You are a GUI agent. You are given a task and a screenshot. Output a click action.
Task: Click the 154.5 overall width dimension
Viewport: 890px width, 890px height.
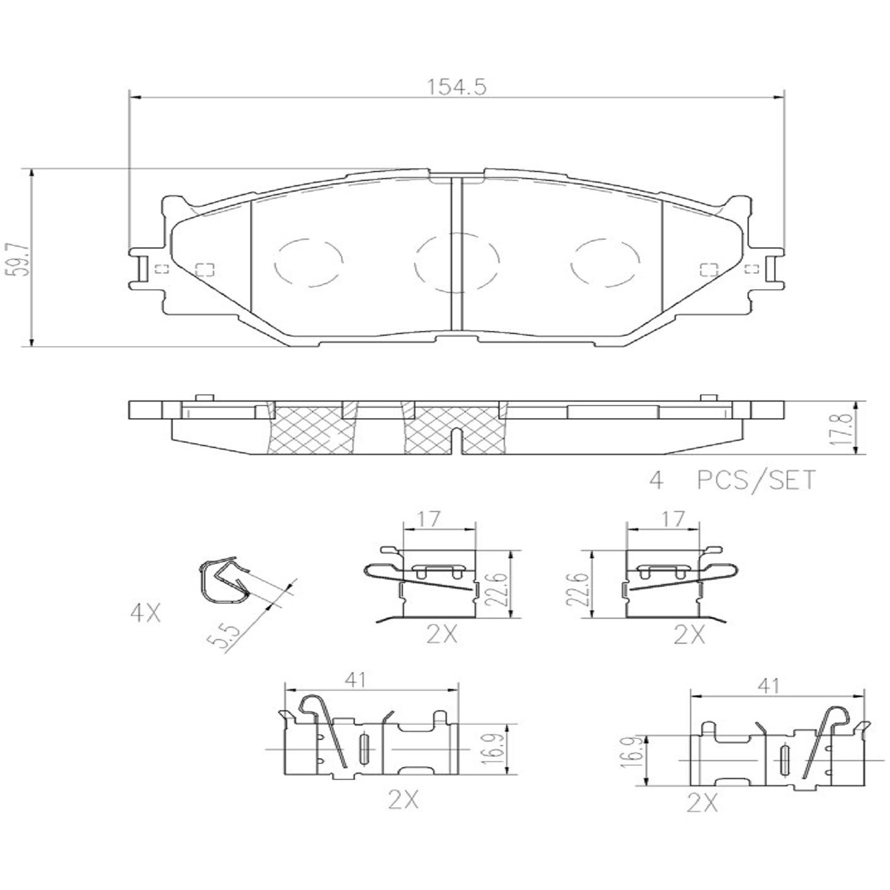click(457, 87)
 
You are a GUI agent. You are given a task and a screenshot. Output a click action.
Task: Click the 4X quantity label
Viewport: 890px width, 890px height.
click(145, 613)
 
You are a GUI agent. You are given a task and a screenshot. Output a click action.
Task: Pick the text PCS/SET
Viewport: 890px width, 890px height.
click(757, 479)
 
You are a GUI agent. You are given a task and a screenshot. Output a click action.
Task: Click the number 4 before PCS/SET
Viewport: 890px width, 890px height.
click(656, 479)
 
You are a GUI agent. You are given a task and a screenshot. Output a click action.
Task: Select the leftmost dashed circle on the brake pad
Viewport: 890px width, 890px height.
click(309, 262)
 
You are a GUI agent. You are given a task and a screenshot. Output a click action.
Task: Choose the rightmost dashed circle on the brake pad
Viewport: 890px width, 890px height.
click(606, 262)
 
